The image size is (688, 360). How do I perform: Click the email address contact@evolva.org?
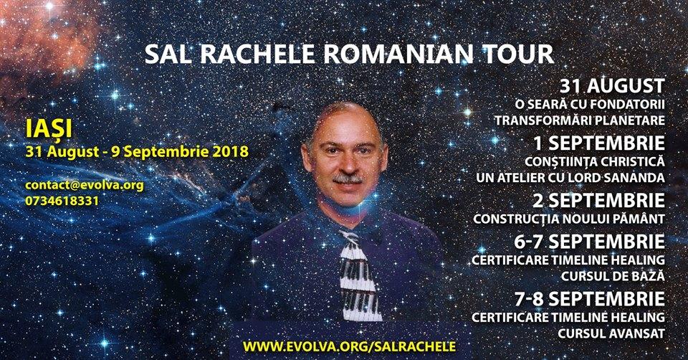[85, 186]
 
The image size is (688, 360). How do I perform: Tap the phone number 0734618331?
[62, 201]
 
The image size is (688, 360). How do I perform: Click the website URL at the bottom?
[349, 346]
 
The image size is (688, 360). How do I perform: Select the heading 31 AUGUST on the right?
[612, 85]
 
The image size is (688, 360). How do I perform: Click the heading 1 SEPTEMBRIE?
[599, 143]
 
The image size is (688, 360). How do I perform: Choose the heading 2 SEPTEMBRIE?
[599, 201]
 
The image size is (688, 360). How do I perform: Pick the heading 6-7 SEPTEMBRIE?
[589, 242]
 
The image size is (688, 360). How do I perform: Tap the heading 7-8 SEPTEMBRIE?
[589, 299]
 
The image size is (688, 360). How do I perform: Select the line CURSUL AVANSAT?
[611, 333]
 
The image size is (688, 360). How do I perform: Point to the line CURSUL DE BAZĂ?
[613, 275]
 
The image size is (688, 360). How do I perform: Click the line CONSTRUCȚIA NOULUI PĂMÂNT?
[569, 218]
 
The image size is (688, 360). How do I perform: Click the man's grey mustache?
[348, 179]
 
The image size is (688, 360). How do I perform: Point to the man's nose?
[347, 166]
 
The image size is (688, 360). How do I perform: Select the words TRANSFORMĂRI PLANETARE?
[580, 120]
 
